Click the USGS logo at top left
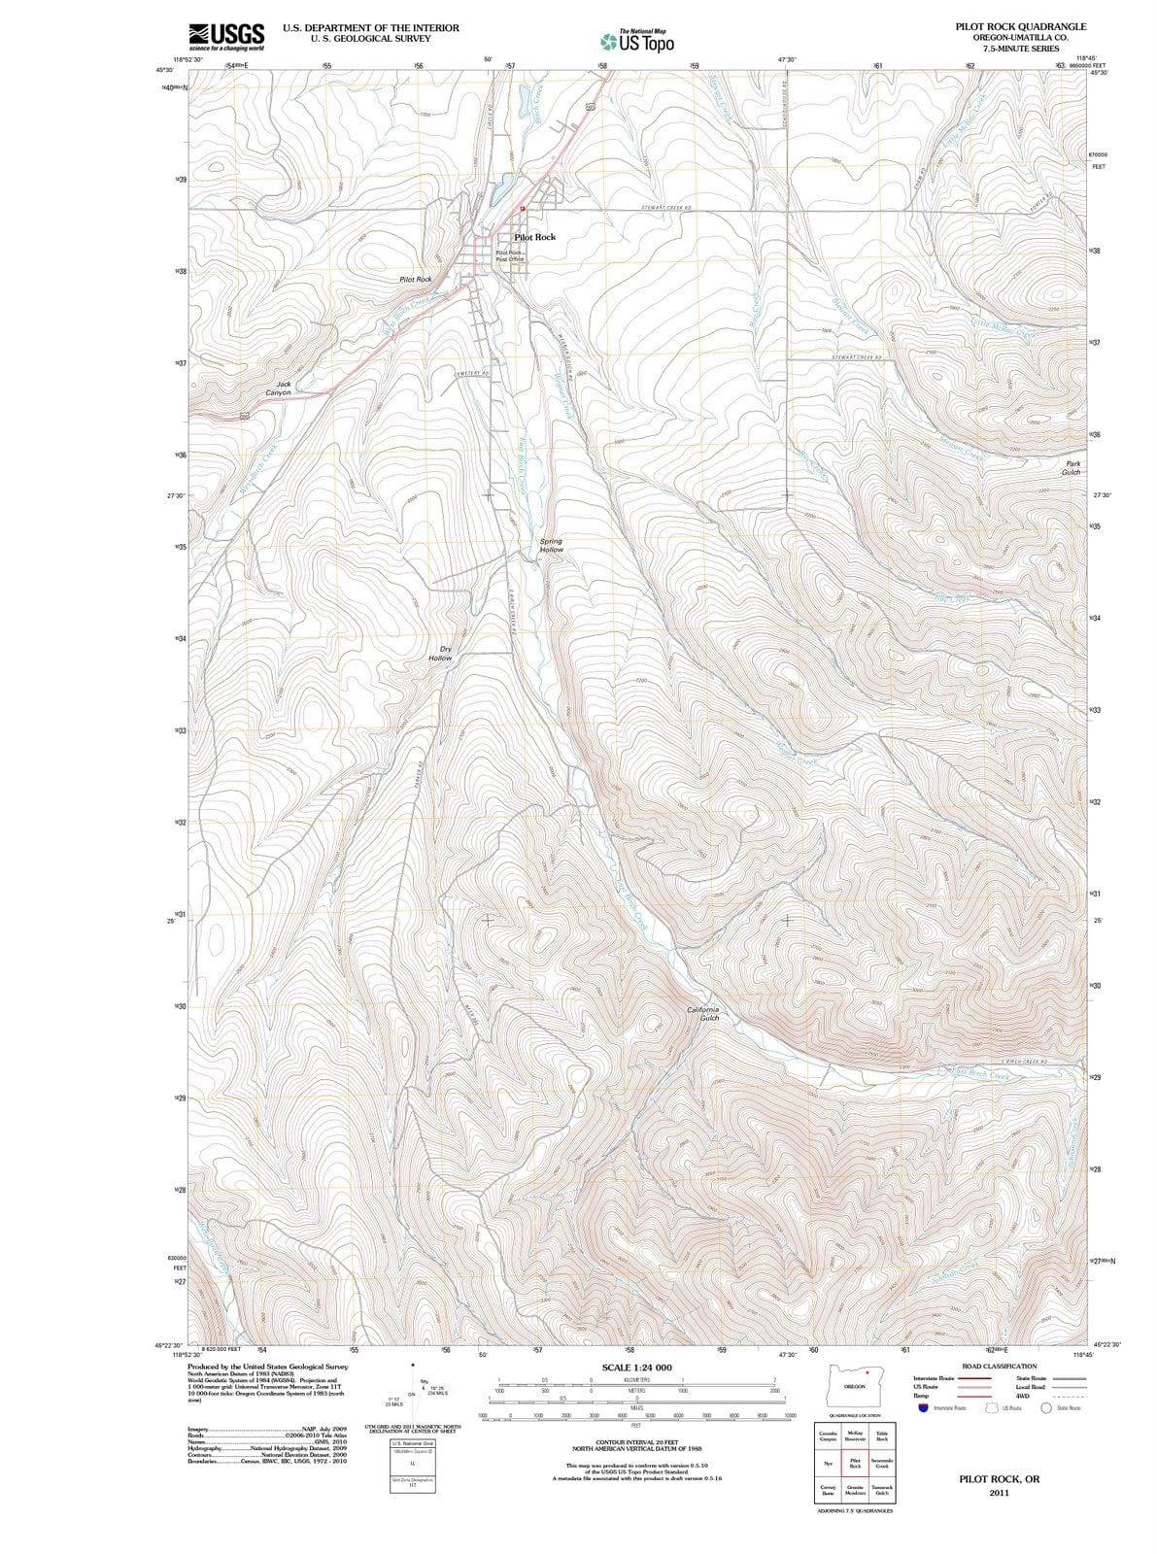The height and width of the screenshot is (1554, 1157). [x=226, y=36]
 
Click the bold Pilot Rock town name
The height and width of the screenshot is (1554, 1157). [x=534, y=237]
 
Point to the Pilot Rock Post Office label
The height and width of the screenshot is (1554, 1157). [x=509, y=256]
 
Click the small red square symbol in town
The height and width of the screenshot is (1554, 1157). [x=522, y=208]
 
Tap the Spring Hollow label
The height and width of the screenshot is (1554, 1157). [x=551, y=545]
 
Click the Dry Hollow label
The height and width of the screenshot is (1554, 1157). [x=441, y=653]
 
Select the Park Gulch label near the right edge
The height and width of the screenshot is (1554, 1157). [x=1072, y=468]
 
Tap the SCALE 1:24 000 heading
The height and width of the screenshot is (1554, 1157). [x=636, y=1368]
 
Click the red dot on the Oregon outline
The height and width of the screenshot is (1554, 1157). [x=866, y=1372]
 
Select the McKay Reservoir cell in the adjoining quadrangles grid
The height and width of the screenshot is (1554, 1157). [x=855, y=1436]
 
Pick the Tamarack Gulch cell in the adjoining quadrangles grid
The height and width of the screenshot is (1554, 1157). [x=882, y=1489]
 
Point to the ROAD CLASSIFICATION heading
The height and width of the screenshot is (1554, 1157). [x=999, y=1366]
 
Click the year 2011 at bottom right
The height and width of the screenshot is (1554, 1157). [x=999, y=1493]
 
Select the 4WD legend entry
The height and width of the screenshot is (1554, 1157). [x=1022, y=1396]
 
